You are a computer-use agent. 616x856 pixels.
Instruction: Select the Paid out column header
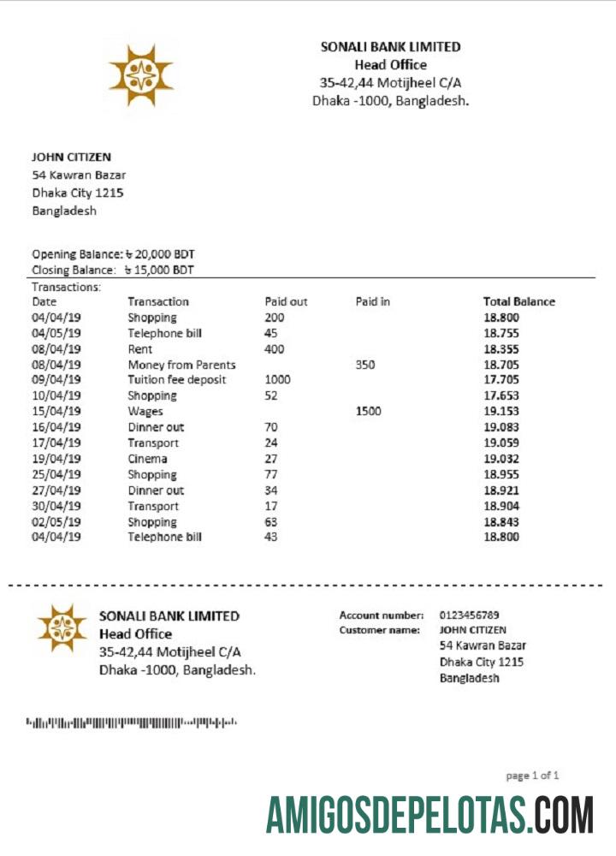(286, 301)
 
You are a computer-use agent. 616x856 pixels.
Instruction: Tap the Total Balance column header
(518, 301)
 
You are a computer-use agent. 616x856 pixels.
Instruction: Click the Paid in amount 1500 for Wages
(368, 411)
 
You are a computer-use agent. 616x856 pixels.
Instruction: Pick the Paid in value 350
(364, 365)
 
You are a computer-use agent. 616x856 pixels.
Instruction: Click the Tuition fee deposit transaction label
(176, 380)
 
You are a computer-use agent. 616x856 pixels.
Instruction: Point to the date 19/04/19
(56, 459)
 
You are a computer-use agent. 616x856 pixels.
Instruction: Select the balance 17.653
(501, 395)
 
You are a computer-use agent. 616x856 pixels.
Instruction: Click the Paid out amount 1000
(277, 380)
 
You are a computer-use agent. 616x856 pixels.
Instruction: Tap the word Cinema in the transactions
(147, 459)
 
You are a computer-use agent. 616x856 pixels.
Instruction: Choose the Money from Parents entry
(181, 365)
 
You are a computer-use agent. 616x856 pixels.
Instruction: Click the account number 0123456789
(469, 615)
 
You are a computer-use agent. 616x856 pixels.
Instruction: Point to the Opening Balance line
(115, 254)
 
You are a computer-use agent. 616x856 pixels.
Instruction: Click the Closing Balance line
(113, 270)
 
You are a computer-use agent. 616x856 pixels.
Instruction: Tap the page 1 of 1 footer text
(532, 776)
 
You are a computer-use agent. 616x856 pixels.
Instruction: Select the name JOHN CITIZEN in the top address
(72, 157)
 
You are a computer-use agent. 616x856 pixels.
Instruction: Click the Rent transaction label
(140, 349)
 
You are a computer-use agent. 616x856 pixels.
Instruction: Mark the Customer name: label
(379, 630)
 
